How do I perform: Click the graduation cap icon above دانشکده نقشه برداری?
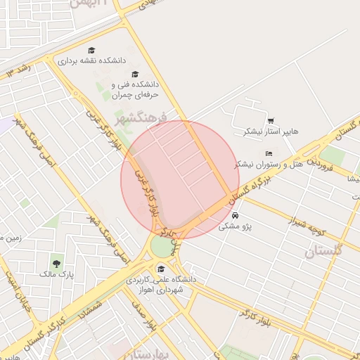tap(91, 50)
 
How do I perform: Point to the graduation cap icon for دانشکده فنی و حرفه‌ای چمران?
tap(135, 74)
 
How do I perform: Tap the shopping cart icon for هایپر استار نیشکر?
tap(271, 120)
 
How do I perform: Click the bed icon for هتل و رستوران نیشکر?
tap(269, 153)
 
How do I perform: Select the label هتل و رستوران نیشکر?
tap(269, 164)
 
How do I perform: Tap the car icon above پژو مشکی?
tap(235, 215)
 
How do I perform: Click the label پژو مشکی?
tap(235, 226)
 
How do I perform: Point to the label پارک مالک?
tap(56, 274)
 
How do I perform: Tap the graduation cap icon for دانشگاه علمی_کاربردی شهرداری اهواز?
tap(160, 269)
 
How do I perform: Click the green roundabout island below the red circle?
tap(162, 247)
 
